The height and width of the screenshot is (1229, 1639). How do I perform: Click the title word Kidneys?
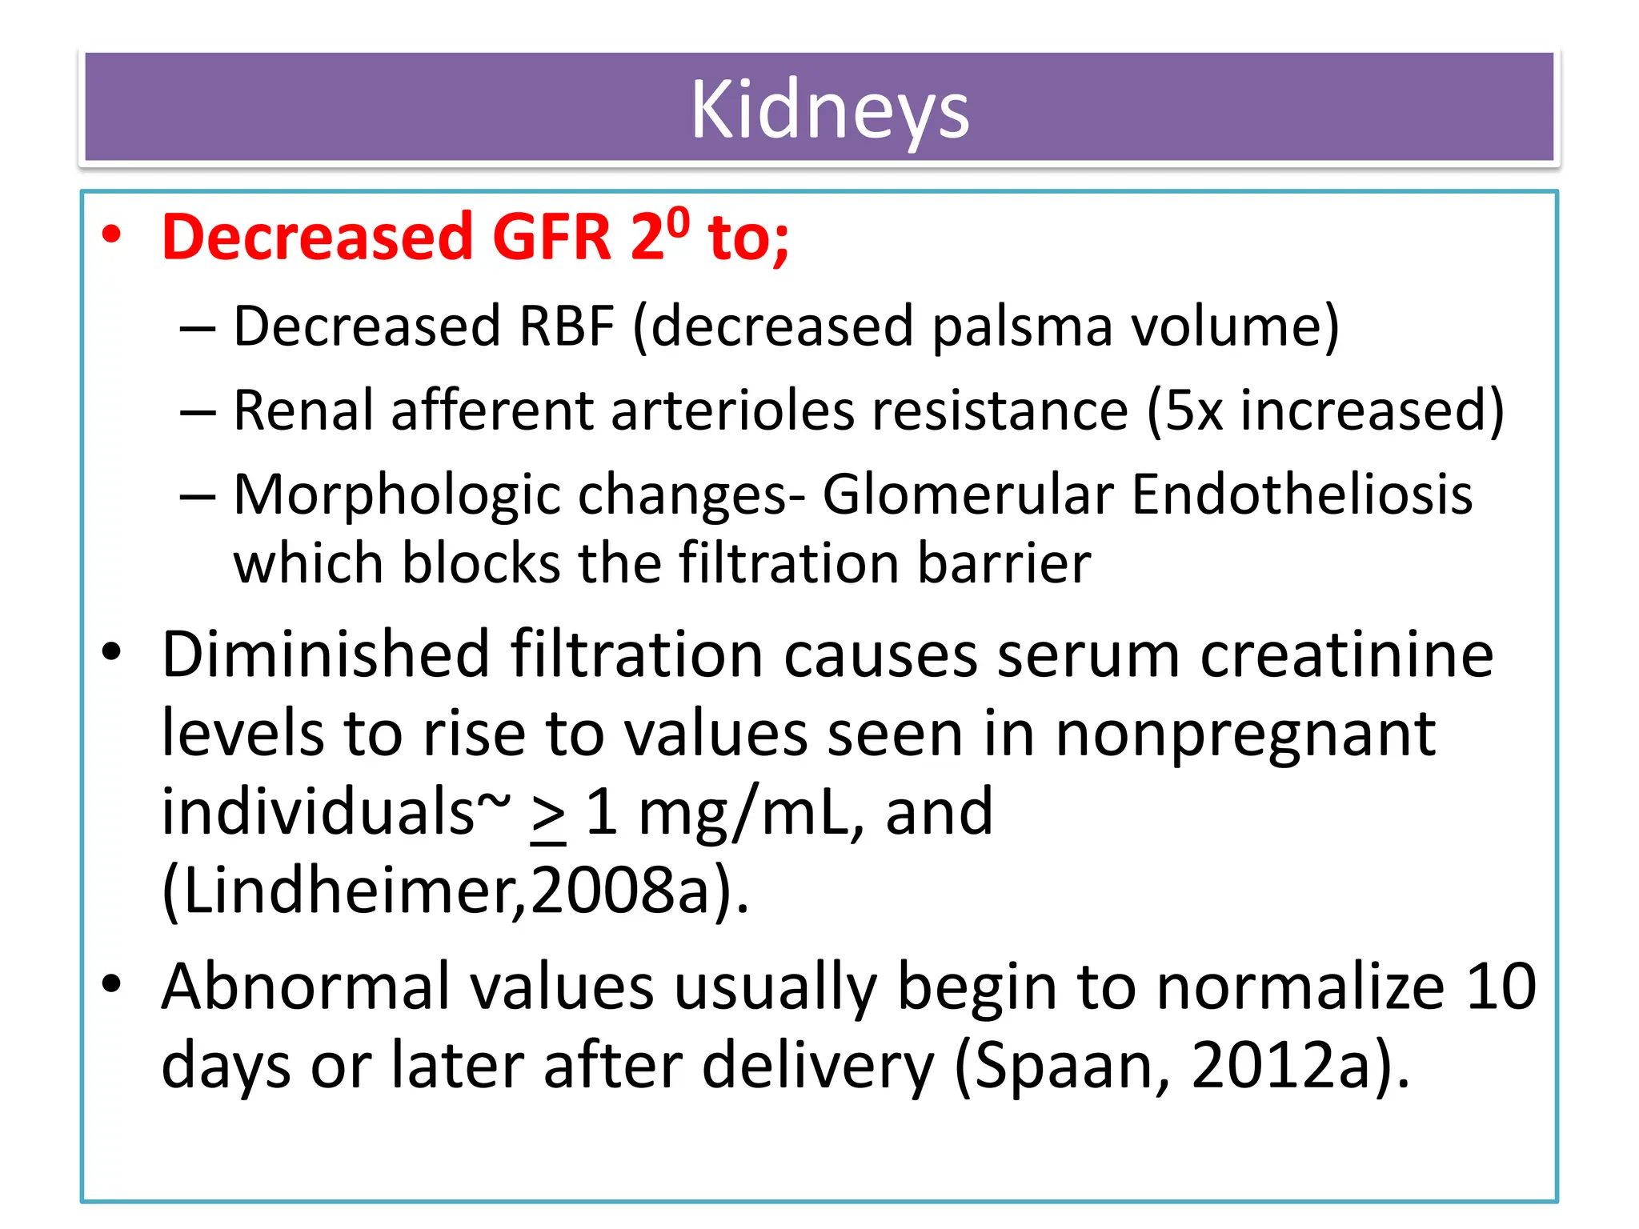click(x=830, y=110)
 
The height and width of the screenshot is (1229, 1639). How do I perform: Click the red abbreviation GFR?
click(x=551, y=237)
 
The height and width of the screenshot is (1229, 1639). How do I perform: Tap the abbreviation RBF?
click(x=566, y=326)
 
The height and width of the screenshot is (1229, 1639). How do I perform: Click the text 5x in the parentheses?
click(x=1193, y=410)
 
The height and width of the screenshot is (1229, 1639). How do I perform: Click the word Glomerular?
click(x=968, y=494)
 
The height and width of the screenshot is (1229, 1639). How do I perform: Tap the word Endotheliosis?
click(x=1301, y=494)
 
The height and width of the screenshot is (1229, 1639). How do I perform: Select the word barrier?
click(x=1004, y=563)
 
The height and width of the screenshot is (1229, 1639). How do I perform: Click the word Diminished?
click(x=326, y=655)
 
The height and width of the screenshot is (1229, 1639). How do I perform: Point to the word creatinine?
click(x=1346, y=655)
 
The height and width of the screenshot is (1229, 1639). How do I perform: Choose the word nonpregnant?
click(x=1245, y=735)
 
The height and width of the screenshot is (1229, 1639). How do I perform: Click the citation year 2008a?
click(x=620, y=890)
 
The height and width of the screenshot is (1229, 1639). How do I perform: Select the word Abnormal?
click(x=306, y=987)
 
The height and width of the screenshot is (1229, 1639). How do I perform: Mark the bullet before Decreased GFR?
click(x=111, y=236)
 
